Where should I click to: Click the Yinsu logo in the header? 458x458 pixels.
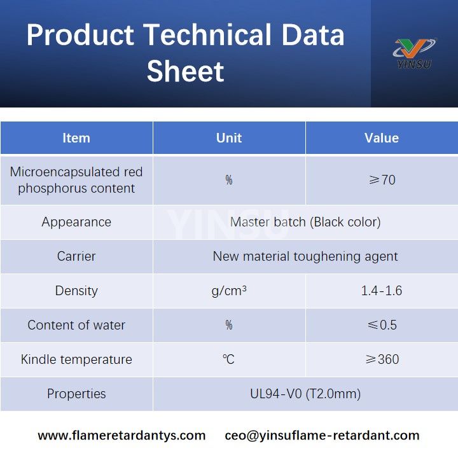click(x=414, y=53)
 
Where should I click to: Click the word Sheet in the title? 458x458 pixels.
click(x=185, y=71)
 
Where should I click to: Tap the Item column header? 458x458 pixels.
click(x=76, y=138)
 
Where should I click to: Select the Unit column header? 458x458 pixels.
click(x=229, y=138)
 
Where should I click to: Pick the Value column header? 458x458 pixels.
click(x=382, y=138)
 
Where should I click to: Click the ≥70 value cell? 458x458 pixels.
click(x=382, y=180)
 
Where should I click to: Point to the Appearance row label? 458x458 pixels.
click(x=76, y=222)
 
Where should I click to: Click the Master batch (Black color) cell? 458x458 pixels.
click(x=305, y=222)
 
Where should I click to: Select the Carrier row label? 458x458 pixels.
click(x=76, y=256)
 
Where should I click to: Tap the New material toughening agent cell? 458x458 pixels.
click(x=305, y=256)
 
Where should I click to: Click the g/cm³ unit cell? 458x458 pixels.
click(x=229, y=291)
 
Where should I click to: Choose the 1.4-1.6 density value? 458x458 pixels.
click(x=382, y=291)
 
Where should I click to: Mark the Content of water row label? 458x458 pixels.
click(x=76, y=325)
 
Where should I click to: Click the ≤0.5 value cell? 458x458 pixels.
click(x=382, y=325)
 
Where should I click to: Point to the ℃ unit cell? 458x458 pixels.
click(x=229, y=359)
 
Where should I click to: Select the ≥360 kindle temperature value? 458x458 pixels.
click(x=382, y=359)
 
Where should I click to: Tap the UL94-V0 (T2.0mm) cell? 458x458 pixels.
click(x=305, y=394)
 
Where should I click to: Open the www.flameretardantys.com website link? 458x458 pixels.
click(x=121, y=436)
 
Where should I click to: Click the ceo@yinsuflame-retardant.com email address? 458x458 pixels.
click(x=322, y=436)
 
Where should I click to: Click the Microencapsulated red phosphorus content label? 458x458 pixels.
click(x=76, y=180)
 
